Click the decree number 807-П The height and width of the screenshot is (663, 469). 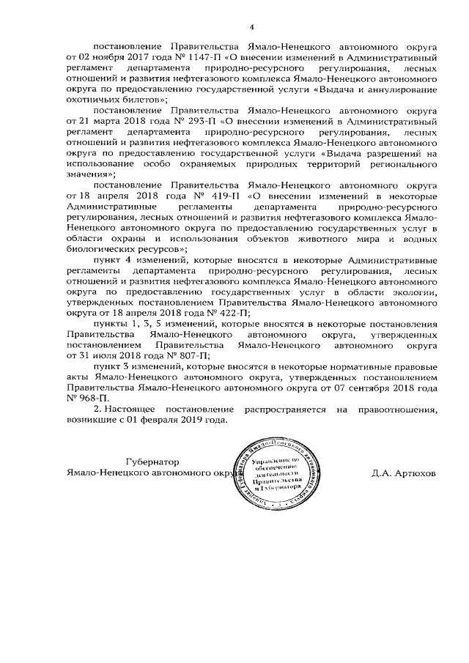point(193,354)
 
